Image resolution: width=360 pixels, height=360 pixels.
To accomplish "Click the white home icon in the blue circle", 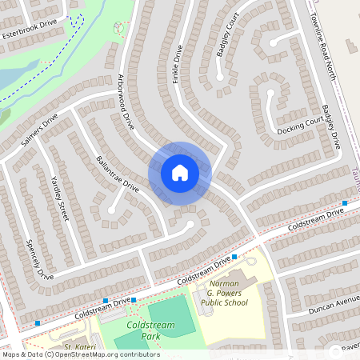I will (179, 172).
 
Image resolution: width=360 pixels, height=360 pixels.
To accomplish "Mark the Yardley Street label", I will (59, 198).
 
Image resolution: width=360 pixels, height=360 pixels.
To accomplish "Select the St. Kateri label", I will (80, 346).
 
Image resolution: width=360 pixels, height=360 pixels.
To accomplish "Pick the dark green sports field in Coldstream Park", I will (171, 316).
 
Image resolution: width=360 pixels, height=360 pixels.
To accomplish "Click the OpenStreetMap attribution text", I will (80, 354).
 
